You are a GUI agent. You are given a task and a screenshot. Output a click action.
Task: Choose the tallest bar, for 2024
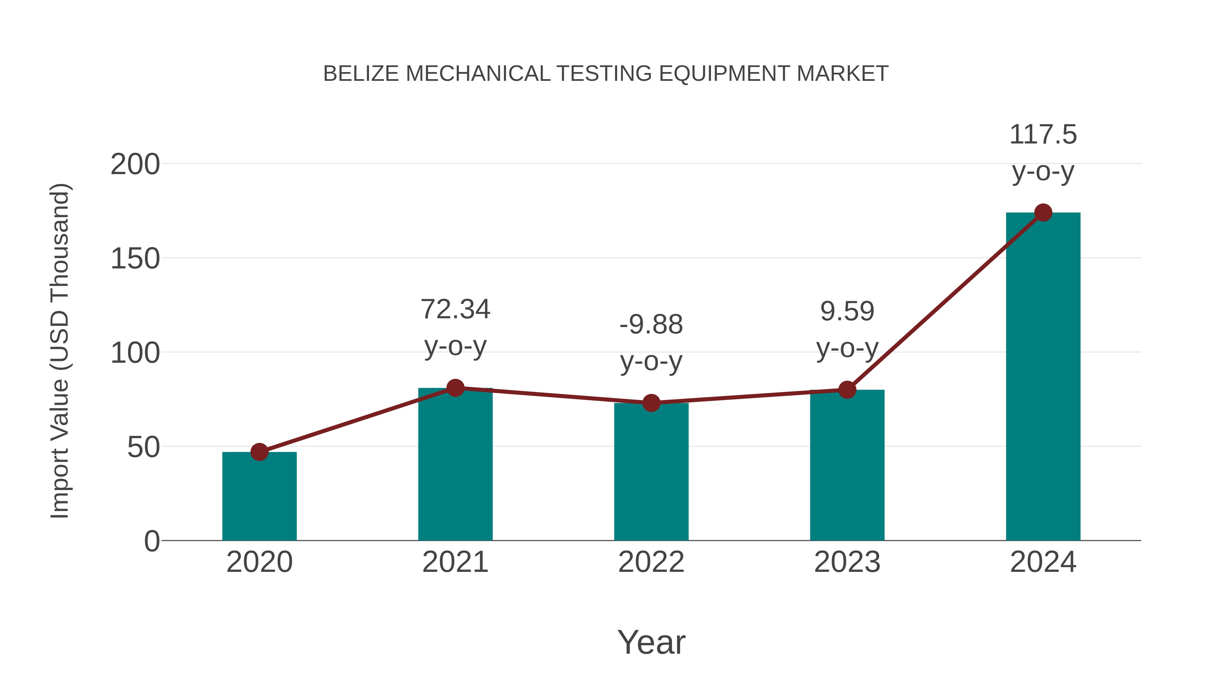1043,377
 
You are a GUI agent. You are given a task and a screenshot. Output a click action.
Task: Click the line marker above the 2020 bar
259,452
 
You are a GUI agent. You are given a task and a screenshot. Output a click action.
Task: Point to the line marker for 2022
651,403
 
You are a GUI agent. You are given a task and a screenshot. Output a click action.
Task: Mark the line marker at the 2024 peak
1043,213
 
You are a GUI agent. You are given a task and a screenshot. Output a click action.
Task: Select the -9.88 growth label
651,325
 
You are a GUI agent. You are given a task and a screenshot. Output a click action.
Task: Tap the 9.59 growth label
847,312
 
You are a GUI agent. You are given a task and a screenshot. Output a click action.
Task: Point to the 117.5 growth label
1043,135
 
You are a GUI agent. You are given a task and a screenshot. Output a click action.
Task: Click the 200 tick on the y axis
135,165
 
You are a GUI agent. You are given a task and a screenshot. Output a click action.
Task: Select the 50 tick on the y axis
143,447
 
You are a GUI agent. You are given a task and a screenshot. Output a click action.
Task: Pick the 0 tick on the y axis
151,541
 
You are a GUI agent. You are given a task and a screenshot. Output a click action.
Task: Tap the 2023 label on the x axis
847,562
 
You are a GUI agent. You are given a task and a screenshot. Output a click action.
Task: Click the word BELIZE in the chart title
361,74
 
